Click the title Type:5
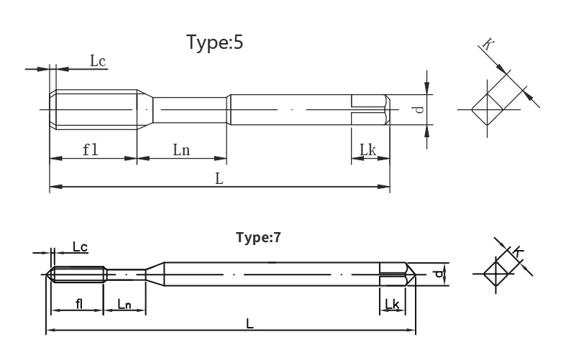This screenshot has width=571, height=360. (x=214, y=42)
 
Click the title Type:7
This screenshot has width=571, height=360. (x=259, y=237)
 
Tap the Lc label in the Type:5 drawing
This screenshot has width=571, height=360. (x=98, y=61)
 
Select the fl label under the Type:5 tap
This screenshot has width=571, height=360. (x=91, y=149)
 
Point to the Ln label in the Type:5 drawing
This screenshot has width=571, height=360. (x=181, y=149)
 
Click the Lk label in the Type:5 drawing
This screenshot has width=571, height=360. (x=367, y=149)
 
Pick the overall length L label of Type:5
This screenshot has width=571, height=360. (x=219, y=179)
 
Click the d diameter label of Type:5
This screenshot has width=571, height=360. (x=419, y=109)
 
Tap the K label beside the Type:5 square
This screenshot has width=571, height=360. (x=488, y=45)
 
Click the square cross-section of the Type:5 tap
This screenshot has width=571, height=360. (x=488, y=109)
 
